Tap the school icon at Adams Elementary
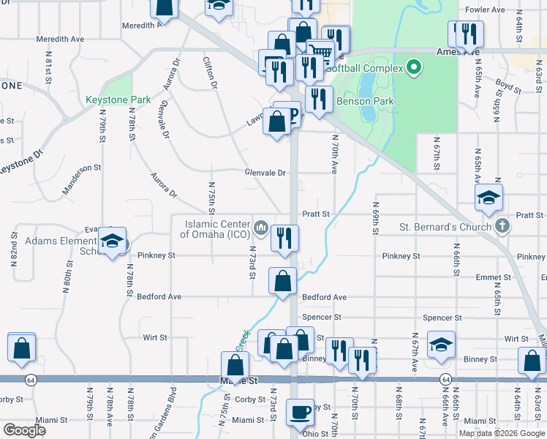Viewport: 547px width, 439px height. [x=112, y=242]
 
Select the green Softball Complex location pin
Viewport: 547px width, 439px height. [x=414, y=68]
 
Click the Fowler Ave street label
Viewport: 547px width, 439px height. [x=485, y=10]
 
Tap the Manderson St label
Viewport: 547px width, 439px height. [x=81, y=168]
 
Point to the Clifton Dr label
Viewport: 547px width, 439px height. [x=210, y=73]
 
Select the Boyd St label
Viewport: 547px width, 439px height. [x=507, y=86]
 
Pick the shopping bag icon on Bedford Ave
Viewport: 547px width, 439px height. [x=282, y=280]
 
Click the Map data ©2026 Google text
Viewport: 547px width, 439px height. [x=502, y=432]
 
